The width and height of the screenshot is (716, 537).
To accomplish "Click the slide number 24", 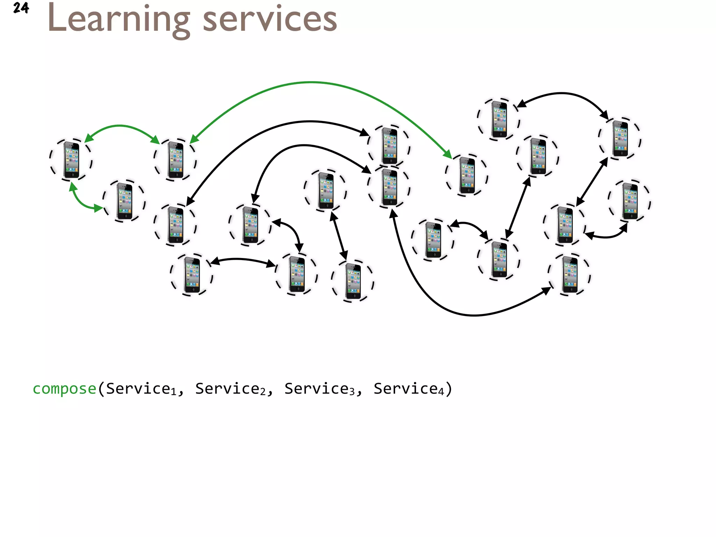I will tap(21, 8).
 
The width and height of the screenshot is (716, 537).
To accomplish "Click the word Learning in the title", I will tap(118, 20).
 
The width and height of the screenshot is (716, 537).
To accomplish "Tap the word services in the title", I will tap(270, 20).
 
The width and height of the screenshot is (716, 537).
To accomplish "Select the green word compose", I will tap(64, 389).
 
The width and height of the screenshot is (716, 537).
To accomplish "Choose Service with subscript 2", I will tap(230, 389).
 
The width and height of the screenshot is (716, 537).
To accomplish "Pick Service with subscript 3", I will tap(320, 389).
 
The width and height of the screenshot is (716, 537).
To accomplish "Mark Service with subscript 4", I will tap(409, 389).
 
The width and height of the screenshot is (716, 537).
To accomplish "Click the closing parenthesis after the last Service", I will tap(449, 389).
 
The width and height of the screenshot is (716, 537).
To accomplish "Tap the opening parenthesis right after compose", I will tap(101, 389).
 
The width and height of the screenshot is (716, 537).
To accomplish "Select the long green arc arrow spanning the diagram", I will tap(311, 83).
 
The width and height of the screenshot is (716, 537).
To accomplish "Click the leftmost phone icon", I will tap(71, 160).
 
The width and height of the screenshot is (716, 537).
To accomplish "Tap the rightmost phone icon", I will tap(630, 201).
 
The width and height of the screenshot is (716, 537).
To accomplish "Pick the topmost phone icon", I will tap(499, 119).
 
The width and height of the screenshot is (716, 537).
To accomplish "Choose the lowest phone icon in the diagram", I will tap(353, 281).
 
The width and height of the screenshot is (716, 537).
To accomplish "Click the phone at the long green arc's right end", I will tap(467, 175).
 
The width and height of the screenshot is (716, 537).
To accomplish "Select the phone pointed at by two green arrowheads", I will tap(176, 160).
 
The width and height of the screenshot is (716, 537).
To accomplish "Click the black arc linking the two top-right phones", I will tap(562, 93).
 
